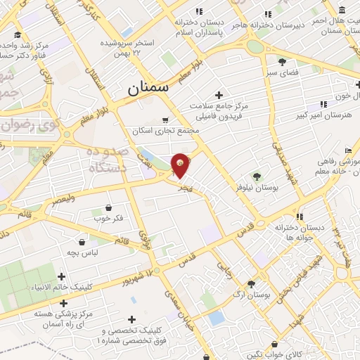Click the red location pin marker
tap(181, 163)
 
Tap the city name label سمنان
tap(148, 89)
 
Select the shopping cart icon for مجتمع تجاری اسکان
tap(165, 120)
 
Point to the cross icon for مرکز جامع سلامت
tap(219, 95)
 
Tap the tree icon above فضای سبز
tap(282, 62)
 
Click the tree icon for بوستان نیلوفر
tap(256, 177)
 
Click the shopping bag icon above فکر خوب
tap(109, 207)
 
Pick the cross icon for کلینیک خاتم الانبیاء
tap(62, 276)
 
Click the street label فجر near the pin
tap(184, 188)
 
